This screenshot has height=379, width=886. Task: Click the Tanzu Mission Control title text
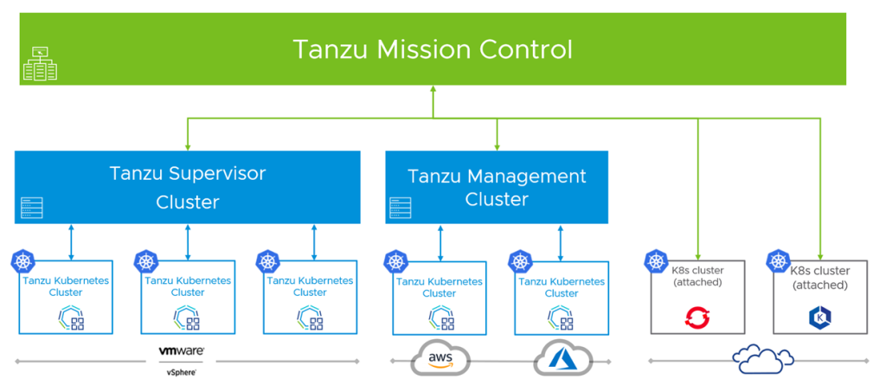coord(433,48)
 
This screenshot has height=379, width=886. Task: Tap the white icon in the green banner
coord(40,65)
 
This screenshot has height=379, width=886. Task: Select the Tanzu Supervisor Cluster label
coord(187,188)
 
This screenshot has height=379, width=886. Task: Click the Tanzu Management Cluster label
coord(497,188)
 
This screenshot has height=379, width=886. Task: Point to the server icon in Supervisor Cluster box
coord(32,208)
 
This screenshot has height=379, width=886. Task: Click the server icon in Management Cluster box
coord(400,208)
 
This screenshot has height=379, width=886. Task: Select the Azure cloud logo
coord(562,358)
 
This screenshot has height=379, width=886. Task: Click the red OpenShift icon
coord(697,318)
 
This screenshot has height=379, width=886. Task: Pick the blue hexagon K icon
coord(819,317)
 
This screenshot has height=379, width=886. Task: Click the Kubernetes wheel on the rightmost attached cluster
coord(779,260)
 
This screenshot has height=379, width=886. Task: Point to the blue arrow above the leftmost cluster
coord(70,242)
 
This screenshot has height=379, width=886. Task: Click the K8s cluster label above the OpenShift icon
coord(697,277)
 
